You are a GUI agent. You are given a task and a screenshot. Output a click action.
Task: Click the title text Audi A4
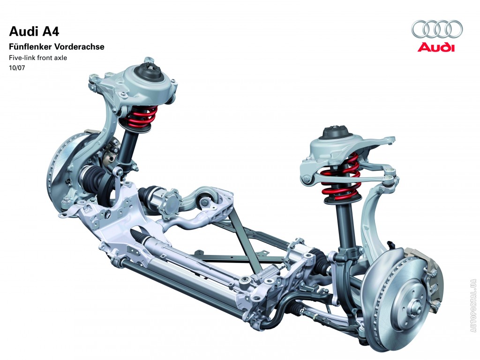34,31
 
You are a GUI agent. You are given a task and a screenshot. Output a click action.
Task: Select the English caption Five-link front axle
37,57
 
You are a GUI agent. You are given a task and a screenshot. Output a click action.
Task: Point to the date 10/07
17,67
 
